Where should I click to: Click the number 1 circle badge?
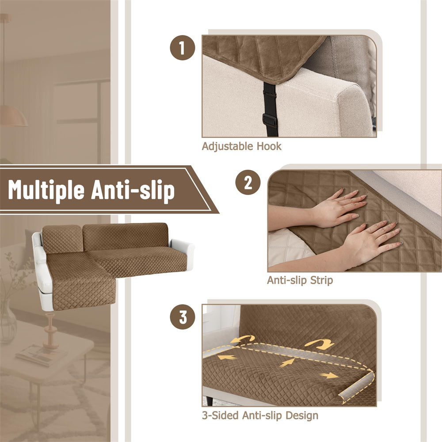click(183, 48)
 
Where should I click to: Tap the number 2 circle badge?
click(248, 183)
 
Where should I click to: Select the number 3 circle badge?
click(183, 317)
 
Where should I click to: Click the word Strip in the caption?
click(321, 281)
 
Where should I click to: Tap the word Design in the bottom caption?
click(302, 416)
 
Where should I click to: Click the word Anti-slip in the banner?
click(133, 190)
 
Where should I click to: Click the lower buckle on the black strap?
click(269, 119)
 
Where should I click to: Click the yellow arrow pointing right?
click(330, 375)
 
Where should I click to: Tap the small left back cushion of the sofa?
click(62, 239)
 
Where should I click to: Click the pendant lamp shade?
click(13, 115)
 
